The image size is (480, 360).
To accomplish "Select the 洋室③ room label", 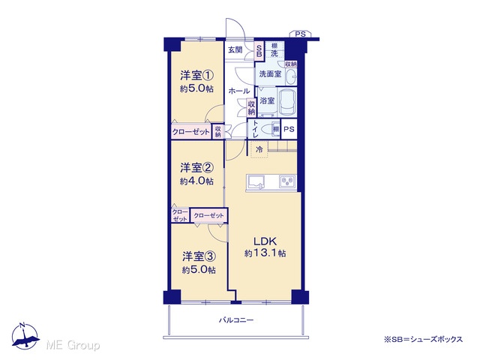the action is [x=199, y=256].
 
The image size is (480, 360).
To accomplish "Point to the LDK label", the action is [x=265, y=241].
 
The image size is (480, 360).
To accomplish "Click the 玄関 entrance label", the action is [x=235, y=49].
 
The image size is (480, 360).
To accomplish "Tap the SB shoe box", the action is [x=259, y=50].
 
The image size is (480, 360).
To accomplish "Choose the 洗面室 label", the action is [x=270, y=73].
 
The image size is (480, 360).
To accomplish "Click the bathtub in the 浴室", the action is [x=287, y=102].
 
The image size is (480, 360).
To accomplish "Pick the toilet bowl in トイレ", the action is [x=268, y=129].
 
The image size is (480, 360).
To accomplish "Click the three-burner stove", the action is [x=287, y=181].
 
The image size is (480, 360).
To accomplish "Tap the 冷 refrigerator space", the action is [x=259, y=150].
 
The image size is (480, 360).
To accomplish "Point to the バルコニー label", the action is [x=236, y=320].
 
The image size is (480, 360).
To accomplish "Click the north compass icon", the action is [x=25, y=336].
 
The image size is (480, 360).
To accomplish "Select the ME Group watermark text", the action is [x=73, y=345].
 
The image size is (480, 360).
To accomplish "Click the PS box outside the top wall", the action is [x=300, y=34].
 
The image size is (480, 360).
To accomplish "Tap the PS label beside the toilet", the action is [x=289, y=129].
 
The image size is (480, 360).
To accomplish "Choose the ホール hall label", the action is [x=239, y=91].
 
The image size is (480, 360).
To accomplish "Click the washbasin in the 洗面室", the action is [x=291, y=76].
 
